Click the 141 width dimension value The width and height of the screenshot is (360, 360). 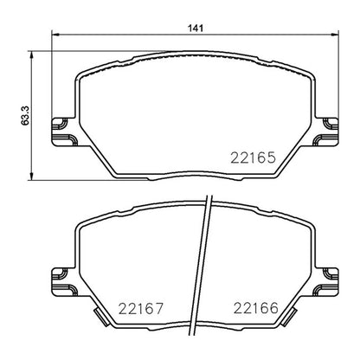point(196,29)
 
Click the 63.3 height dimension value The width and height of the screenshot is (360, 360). point(25,115)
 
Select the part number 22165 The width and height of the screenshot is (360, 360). point(254,157)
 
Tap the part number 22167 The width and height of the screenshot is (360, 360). point(141,309)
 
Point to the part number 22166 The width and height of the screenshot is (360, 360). point(256,308)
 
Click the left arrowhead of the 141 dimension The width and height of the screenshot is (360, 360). point(55,35)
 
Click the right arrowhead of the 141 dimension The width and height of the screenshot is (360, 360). point(334,35)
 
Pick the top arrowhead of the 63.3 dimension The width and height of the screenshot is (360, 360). point(32,55)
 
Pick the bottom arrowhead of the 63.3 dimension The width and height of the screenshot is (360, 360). point(32,177)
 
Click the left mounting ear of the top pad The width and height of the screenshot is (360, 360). point(64,132)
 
